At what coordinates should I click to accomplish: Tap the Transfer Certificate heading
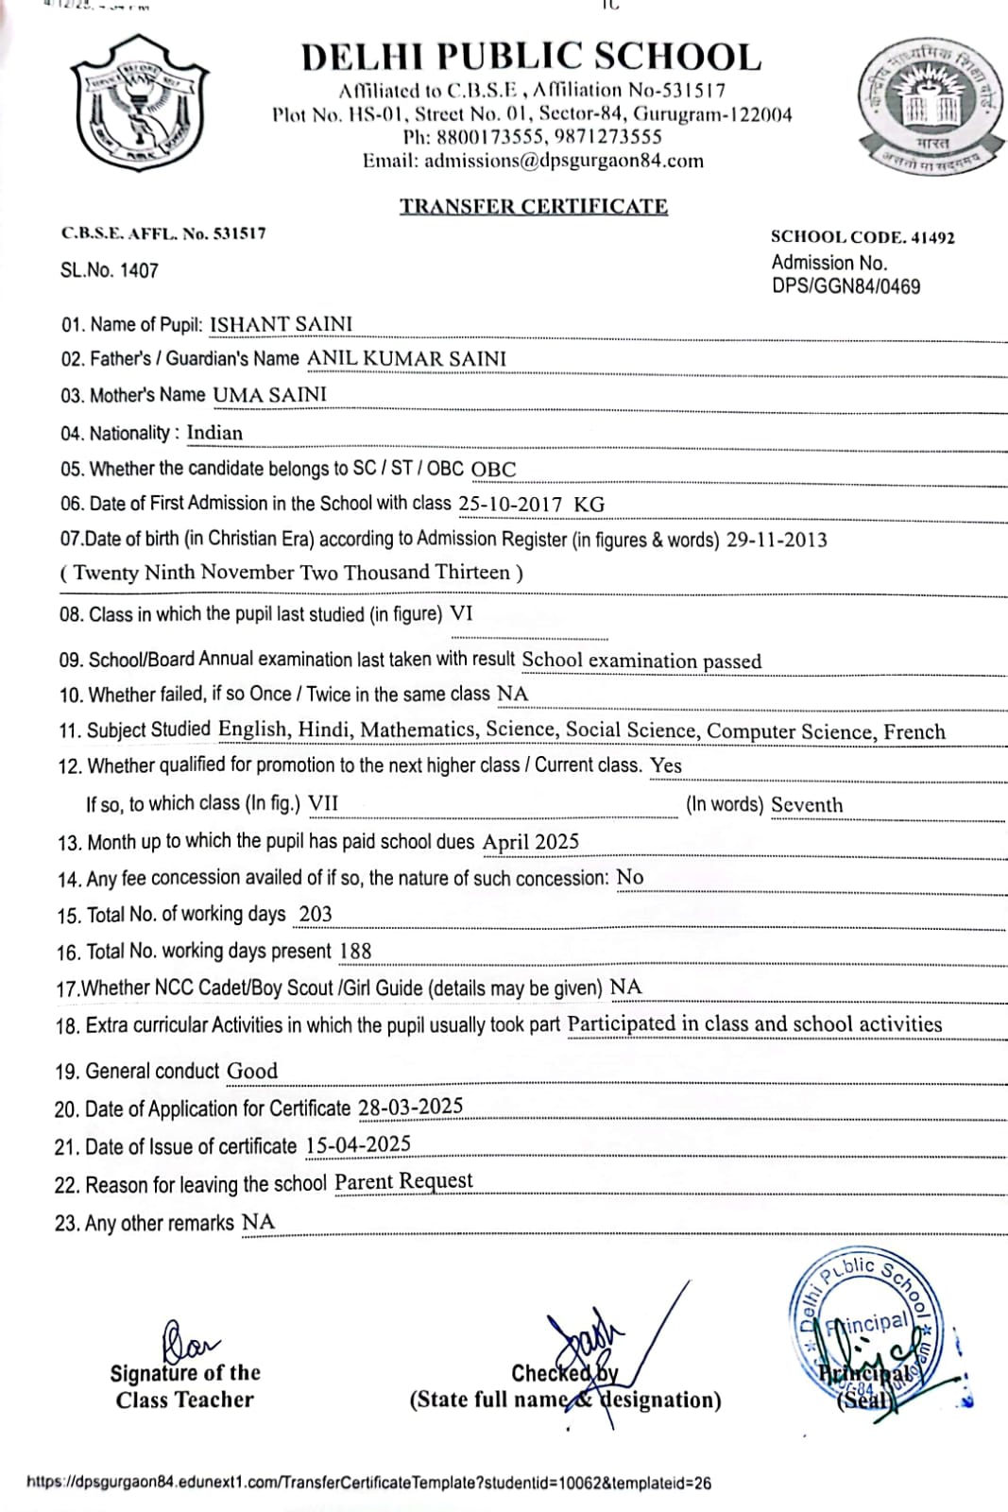click(533, 206)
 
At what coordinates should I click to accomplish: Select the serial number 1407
click(139, 270)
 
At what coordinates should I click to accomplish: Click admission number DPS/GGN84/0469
click(846, 286)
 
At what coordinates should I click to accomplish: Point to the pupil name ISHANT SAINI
click(281, 324)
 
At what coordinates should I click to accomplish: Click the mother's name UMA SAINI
click(269, 394)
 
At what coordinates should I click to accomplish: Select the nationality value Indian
click(214, 433)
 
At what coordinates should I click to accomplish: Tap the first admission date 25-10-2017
click(510, 505)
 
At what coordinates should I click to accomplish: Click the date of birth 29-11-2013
click(777, 541)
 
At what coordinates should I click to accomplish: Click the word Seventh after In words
click(807, 805)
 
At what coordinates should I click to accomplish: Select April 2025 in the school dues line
click(531, 842)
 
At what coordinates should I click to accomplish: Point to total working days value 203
click(316, 914)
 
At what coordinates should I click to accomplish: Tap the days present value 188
click(355, 952)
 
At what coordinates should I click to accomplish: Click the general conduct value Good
click(252, 1071)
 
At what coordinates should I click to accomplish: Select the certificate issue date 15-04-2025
click(358, 1145)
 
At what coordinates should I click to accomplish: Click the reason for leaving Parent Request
click(403, 1182)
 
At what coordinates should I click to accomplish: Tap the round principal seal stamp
click(863, 1332)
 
